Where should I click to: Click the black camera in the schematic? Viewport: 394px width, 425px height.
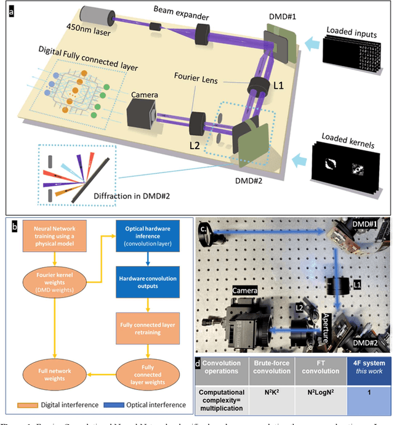coord(147,114)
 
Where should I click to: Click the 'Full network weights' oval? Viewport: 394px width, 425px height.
coord(56,373)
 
